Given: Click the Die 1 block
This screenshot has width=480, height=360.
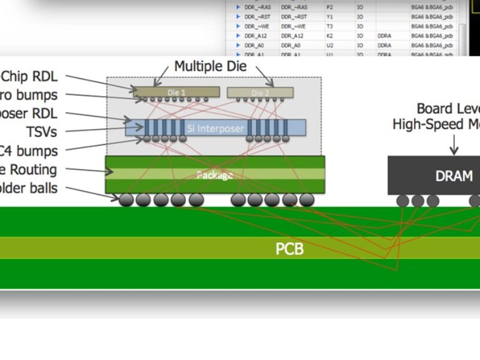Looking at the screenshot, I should coord(176,92).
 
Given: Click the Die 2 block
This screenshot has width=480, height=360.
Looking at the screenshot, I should coord(260,92).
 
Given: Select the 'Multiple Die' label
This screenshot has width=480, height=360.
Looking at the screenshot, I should coord(210,66).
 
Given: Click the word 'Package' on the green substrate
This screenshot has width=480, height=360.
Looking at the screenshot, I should coord(214,175).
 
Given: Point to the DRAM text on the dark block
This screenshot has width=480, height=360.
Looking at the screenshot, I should coord(454,176).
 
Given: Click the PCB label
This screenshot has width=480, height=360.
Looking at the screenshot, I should coord(289,248).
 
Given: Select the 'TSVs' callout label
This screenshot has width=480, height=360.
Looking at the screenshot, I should coord(41,131).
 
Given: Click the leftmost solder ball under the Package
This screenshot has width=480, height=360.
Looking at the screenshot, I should coord(127,200).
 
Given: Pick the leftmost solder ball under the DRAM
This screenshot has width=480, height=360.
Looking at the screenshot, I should coord(403,200).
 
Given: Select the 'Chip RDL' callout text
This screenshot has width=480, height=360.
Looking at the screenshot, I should coord(30,77).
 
